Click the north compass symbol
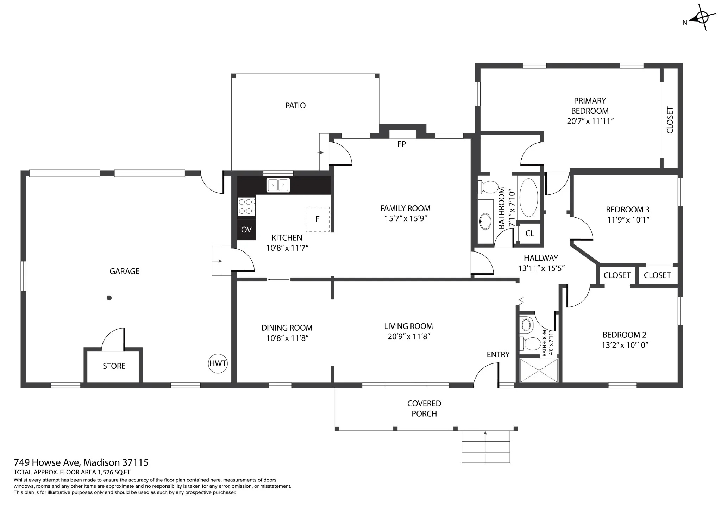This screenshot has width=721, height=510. click(702, 17)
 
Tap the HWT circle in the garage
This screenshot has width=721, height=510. click(218, 363)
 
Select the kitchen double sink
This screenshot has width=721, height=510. click(278, 185)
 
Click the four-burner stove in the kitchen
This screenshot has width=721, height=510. click(246, 206)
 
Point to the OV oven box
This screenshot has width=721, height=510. click(246, 230)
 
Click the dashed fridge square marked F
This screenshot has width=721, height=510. click(318, 219)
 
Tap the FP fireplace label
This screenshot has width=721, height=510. click(401, 144)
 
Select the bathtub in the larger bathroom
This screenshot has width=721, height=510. click(529, 197)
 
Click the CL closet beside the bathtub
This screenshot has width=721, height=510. click(530, 234)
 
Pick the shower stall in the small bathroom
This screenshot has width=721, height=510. click(539, 370)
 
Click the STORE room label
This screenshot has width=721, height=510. click(114, 366)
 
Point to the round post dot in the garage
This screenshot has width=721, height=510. click(109, 298)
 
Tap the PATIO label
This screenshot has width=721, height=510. click(295, 106)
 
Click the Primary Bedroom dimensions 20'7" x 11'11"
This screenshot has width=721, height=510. click(590, 121)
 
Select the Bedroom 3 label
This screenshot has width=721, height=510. click(628, 210)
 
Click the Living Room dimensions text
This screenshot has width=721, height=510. click(409, 337)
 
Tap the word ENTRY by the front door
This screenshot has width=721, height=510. click(498, 355)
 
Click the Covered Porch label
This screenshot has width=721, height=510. click(424, 409)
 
